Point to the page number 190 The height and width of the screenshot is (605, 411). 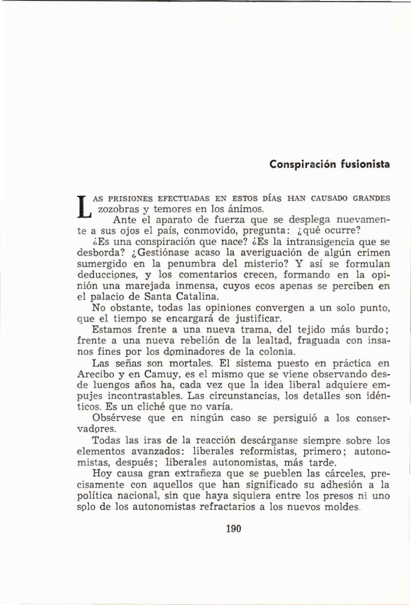pyautogui.click(x=234, y=529)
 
